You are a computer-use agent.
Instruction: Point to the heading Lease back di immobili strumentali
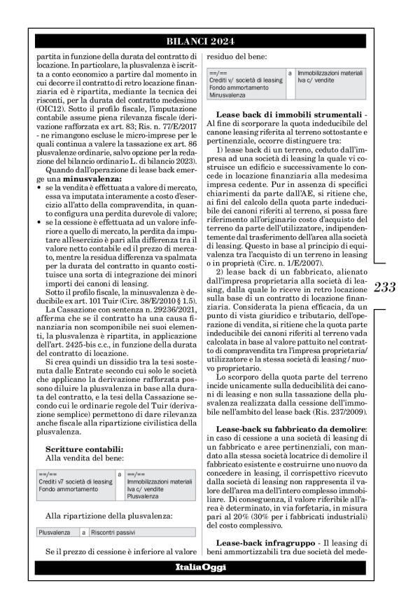tap(279, 114)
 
